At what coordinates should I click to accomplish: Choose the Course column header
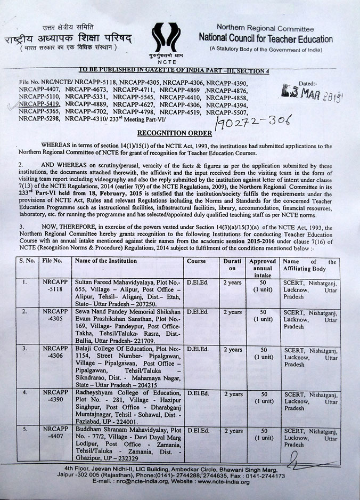[197, 262]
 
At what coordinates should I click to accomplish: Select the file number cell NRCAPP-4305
[55, 315]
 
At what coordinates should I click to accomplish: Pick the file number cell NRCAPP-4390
[55, 397]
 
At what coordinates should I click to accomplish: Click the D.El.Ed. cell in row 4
[197, 394]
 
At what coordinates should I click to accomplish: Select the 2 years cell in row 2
[232, 312]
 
